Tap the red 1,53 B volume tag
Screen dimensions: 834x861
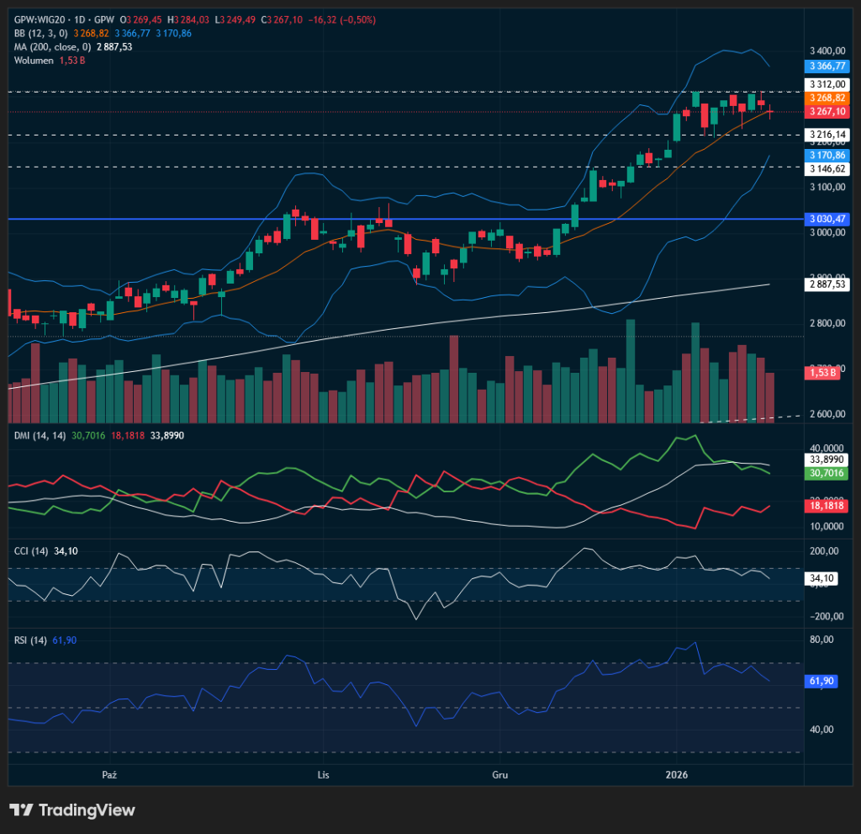click(x=821, y=372)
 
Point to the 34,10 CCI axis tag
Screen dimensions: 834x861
click(x=821, y=578)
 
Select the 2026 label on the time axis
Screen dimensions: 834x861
click(x=678, y=774)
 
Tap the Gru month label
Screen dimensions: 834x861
click(x=499, y=774)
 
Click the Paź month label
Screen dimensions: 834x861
click(x=107, y=774)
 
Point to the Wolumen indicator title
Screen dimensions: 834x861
click(x=34, y=61)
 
